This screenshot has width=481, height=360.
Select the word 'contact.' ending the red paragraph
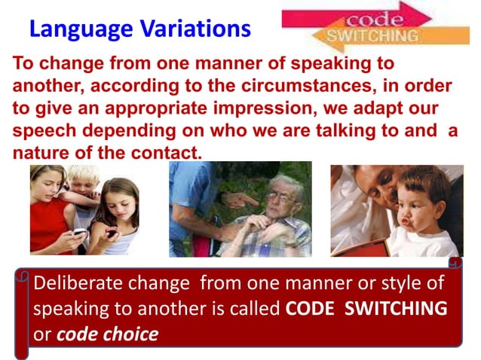click(164, 152)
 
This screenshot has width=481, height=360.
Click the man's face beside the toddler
click(381, 185)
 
